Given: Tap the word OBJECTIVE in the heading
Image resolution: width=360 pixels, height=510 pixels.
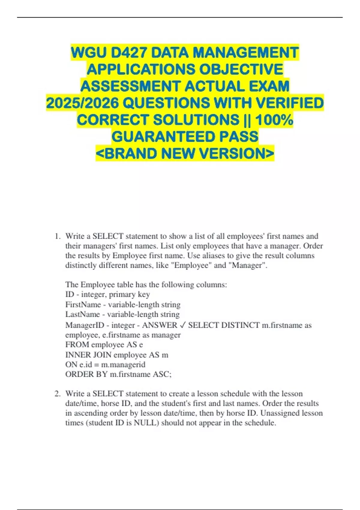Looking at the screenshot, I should pos(241,70).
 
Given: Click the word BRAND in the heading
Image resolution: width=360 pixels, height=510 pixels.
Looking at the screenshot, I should pos(131,154).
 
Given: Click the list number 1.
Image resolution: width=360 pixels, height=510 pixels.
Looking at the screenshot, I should pos(57,236).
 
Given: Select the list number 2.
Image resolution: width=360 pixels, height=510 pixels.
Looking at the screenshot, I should pos(57,394).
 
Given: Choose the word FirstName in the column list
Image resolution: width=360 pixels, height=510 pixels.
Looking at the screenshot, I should pos(83,305).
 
